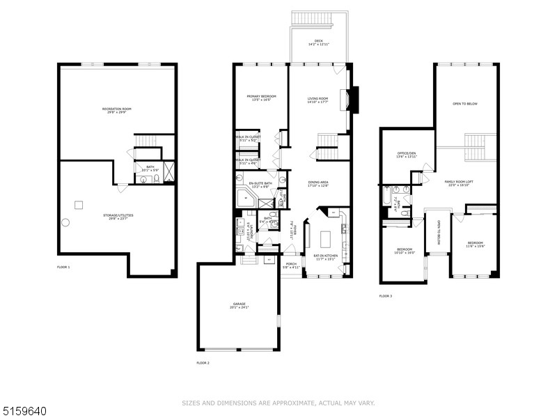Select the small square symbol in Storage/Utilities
point(79,204)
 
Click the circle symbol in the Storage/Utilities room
point(65,222)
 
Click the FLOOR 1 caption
point(63,267)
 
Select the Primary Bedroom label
point(261,98)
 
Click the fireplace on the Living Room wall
point(354,100)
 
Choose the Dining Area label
point(318,184)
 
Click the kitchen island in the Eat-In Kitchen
point(325,239)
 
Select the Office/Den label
point(406,155)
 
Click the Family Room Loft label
point(457,183)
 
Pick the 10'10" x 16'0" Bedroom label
point(405,251)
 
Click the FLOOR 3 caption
point(385,296)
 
